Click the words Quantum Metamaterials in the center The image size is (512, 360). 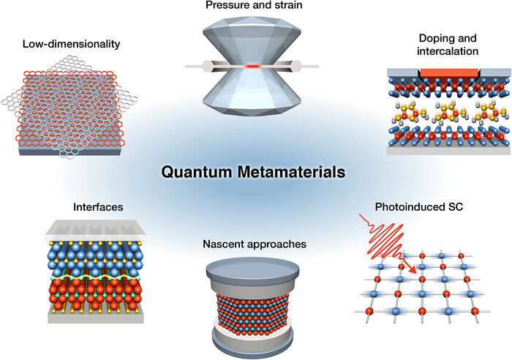[253, 174]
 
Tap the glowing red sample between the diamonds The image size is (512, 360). [253, 66]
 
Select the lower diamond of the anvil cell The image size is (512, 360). [253, 95]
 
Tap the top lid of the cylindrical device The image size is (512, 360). [253, 265]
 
